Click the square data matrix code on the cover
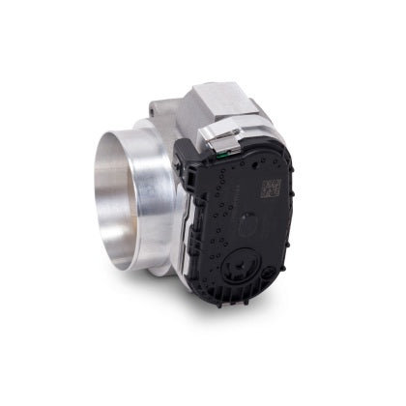[x=270, y=186]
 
